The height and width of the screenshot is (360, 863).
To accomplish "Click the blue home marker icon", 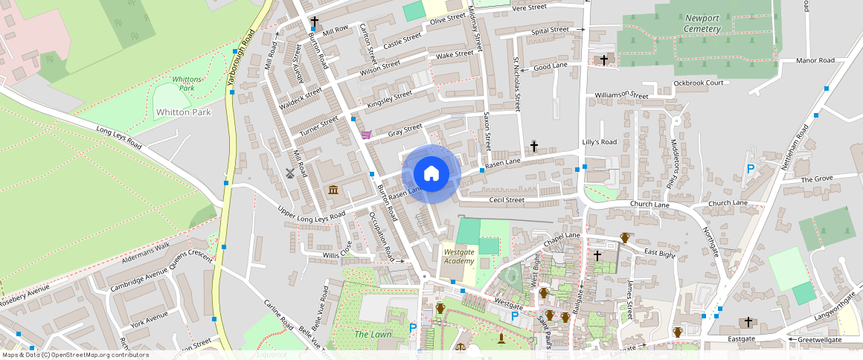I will coord(431,174).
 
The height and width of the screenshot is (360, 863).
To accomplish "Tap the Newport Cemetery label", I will coord(702,24).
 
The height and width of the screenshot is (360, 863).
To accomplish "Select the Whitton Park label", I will coord(183,112).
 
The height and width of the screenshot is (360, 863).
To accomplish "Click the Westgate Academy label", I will coord(458,256).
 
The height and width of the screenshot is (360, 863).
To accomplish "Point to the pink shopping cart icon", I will coord(365,135).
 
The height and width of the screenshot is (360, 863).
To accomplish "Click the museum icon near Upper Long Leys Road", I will coord(333,190).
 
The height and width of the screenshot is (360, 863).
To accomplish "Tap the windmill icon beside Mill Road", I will coord(290,173).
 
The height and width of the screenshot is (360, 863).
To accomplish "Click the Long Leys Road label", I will coord(119,138).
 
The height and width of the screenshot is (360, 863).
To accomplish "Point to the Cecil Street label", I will coord(507,200).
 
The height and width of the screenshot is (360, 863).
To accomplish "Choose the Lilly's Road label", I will coord(600,142).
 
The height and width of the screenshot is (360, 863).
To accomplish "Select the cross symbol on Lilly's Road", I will coord(533,147).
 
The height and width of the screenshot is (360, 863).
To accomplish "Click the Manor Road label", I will coord(815,60).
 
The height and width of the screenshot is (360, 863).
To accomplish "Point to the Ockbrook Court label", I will coord(699,83).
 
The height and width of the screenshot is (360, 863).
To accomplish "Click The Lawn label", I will coord(372,335).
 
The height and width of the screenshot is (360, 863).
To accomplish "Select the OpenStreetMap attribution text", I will coord(75,355).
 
